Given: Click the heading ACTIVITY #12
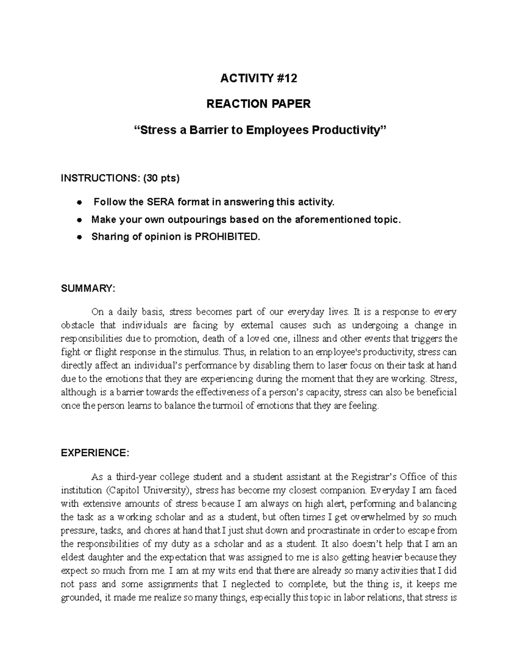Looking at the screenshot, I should coord(259,79).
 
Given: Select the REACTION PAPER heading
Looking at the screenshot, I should coord(259,104).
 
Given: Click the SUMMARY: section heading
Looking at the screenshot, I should coord(88,289).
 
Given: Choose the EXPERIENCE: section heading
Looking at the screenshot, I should coord(95,453).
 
